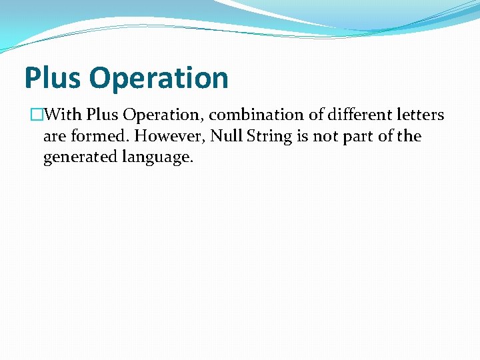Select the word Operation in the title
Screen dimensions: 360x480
click(158, 78)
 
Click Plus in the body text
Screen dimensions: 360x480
click(101, 115)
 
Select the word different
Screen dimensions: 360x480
click(361, 115)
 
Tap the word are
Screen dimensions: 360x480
click(54, 137)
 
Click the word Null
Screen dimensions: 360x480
click(225, 137)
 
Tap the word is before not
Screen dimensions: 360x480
click(299, 137)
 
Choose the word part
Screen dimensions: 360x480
click(355, 137)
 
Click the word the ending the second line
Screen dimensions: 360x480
click(409, 137)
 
